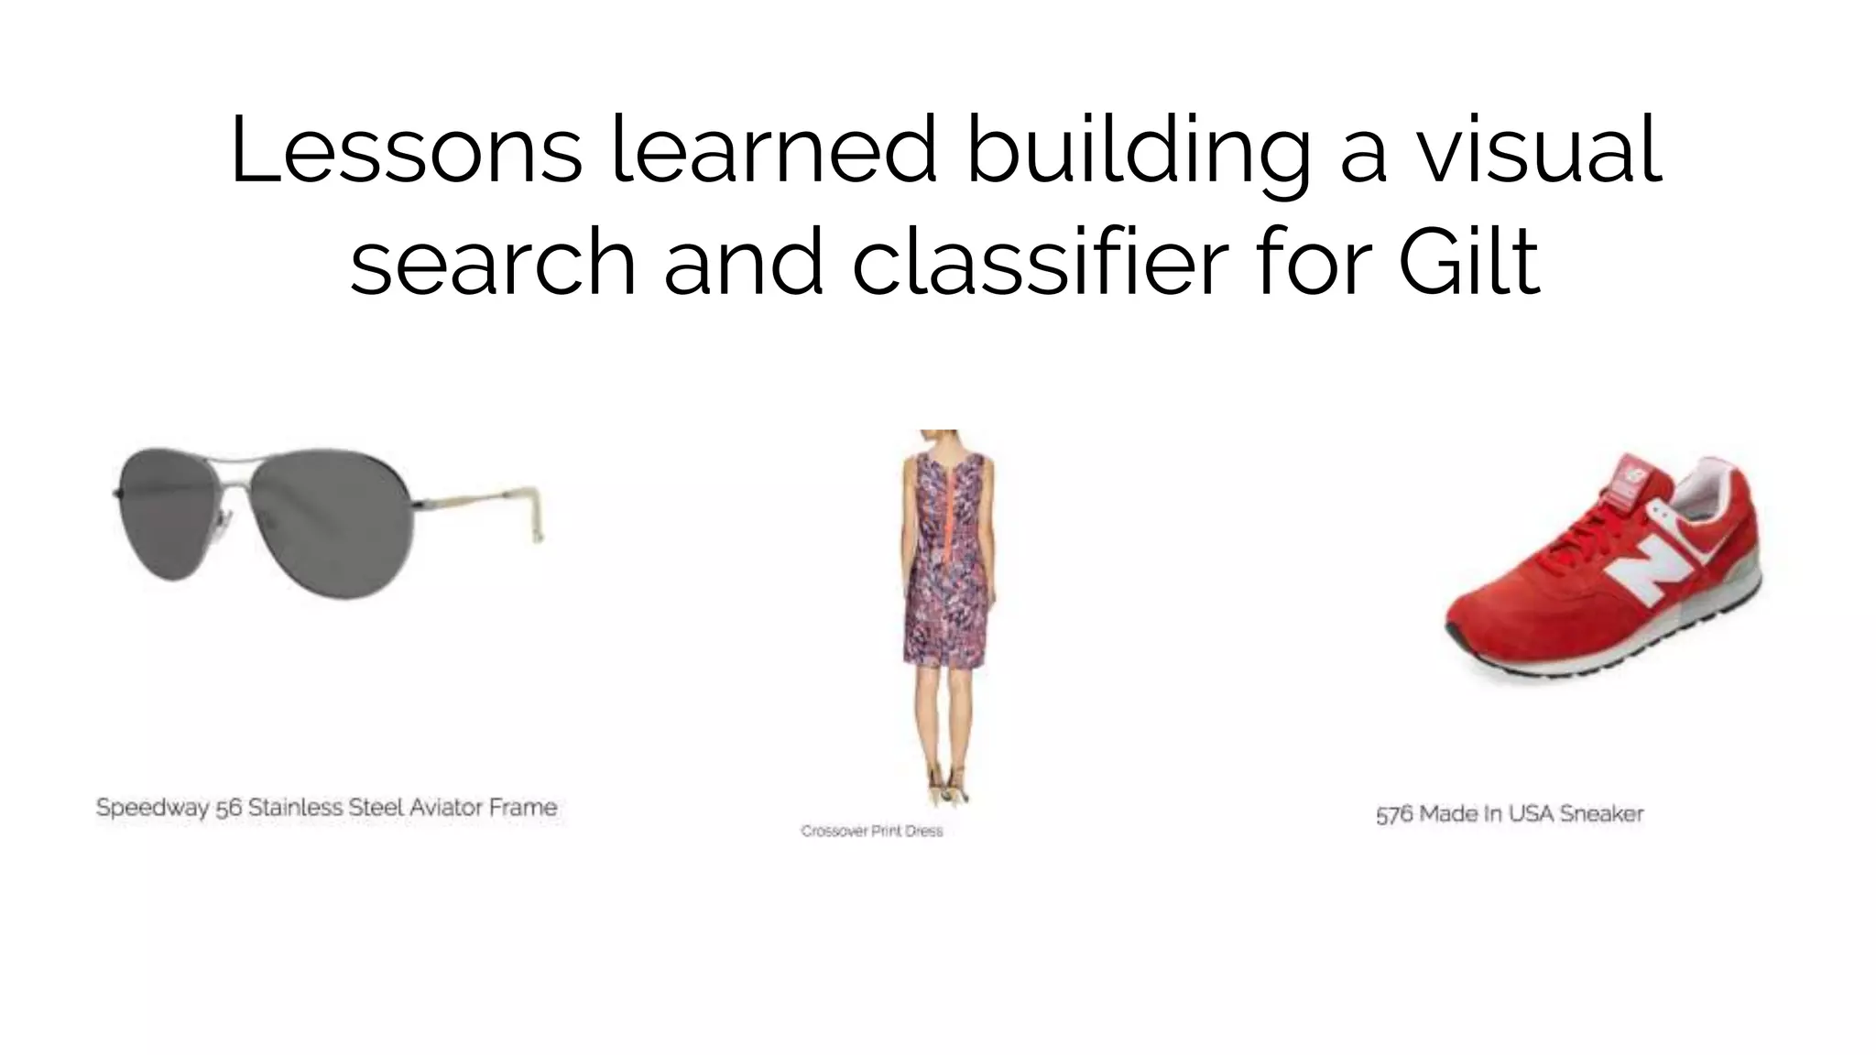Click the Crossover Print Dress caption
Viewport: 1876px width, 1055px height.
[x=871, y=831]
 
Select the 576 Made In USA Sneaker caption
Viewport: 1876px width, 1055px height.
[x=1510, y=814]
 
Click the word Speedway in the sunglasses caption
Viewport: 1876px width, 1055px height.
[x=152, y=809]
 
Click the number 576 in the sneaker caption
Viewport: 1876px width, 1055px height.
[x=1394, y=814]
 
